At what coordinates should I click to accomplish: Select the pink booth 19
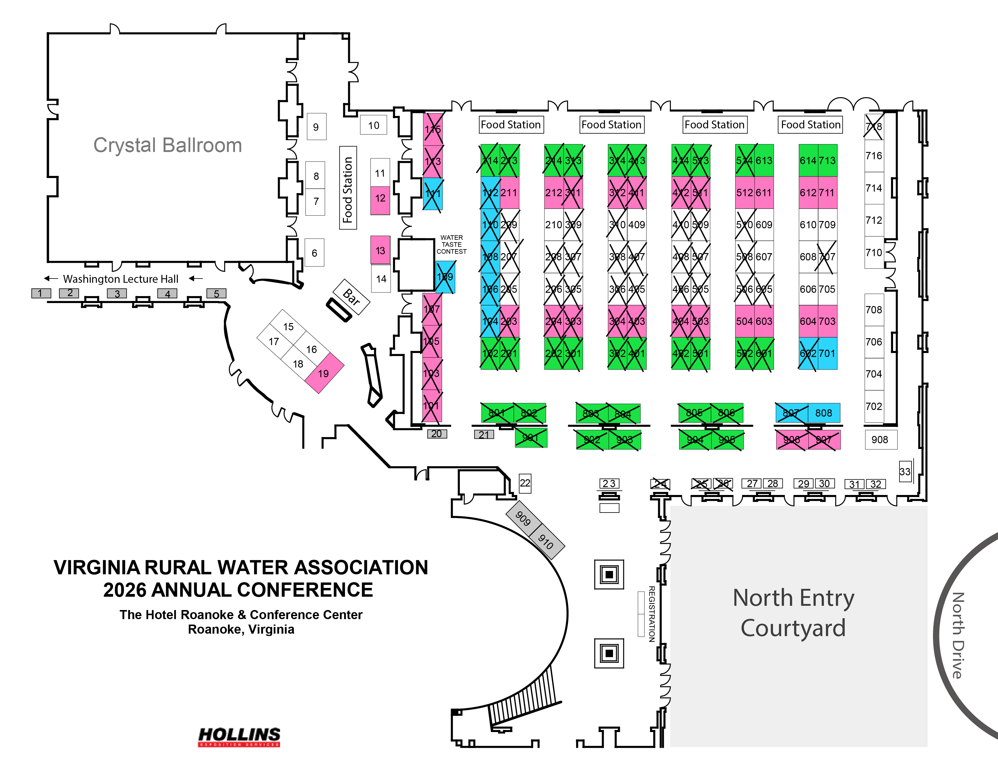point(324,373)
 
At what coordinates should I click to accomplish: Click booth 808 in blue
point(824,413)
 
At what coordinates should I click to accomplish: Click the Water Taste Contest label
point(452,244)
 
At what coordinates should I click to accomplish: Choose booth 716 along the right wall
point(874,156)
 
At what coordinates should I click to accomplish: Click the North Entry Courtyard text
point(793,613)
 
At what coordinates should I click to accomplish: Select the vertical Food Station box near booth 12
point(348,188)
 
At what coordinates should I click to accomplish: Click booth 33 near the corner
point(905,471)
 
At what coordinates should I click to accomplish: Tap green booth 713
point(827,160)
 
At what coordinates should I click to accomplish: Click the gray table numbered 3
point(117,294)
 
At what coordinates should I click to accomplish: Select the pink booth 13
point(380,250)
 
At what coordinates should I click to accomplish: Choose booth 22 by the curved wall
point(525,483)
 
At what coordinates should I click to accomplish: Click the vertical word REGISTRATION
point(652,614)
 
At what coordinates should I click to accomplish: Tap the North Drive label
point(958,636)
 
